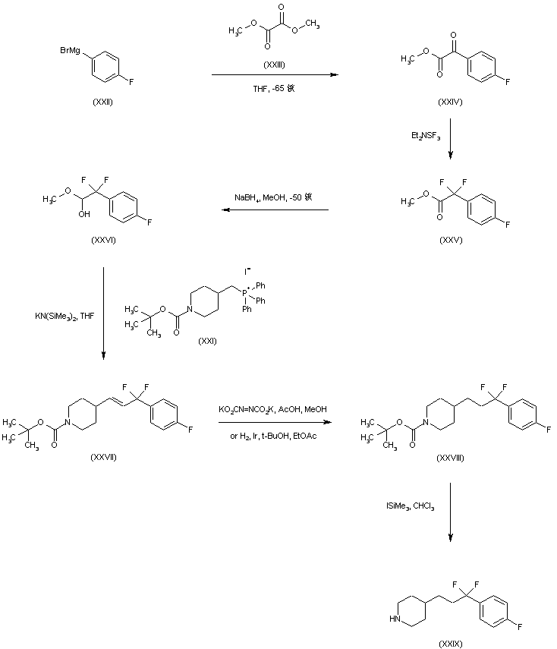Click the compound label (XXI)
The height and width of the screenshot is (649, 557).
206,340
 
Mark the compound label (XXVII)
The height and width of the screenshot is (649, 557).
102,455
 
